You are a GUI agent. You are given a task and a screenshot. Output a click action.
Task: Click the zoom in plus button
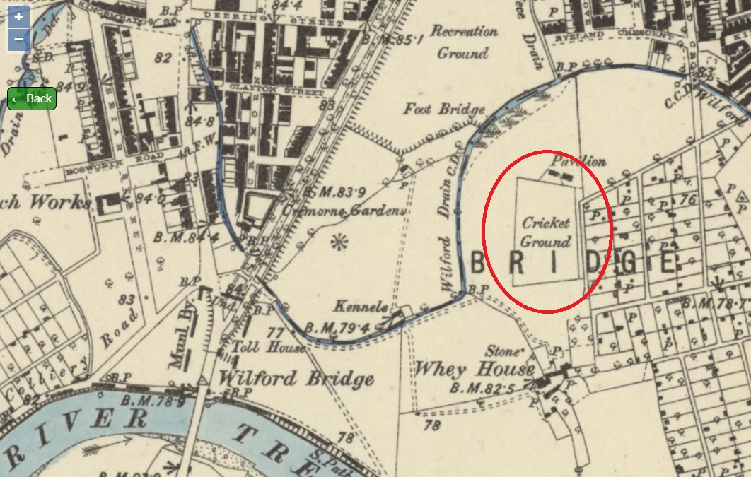tap(19, 16)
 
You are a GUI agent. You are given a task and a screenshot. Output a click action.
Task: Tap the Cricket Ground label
tap(545, 232)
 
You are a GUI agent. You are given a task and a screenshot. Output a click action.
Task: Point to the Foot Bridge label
tap(444, 109)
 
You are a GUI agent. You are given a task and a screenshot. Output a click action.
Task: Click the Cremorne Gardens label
tap(344, 210)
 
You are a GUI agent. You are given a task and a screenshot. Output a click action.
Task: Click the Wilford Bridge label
tap(296, 378)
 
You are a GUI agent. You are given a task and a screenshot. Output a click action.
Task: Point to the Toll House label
tap(272, 348)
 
